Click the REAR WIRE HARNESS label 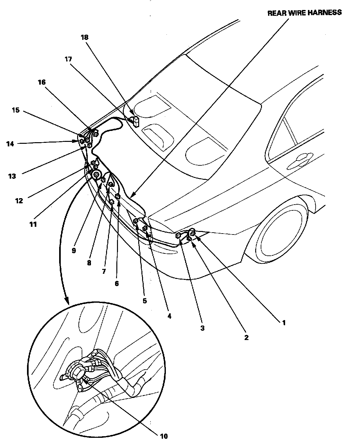pos(304,13)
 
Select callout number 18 pos(85,37)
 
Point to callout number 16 pos(42,82)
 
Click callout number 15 pos(15,110)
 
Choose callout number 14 pos(11,144)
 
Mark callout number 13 pos(12,176)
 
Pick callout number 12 pos(19,201)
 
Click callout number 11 pos(33,224)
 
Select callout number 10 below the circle pos(164,436)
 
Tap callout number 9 pos(74,251)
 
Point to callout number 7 pos(104,271)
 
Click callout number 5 pos(144,301)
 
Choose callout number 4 pos(169,316)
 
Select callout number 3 pos(202,328)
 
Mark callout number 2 pos(246,337)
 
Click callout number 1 pos(283,322)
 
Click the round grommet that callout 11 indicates pos(96,174)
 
